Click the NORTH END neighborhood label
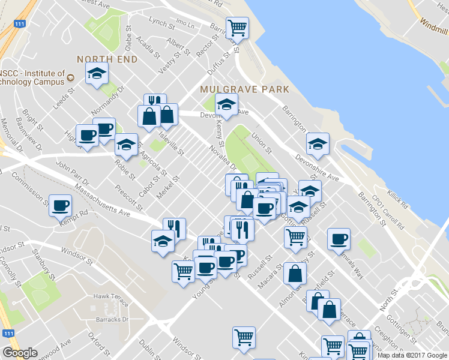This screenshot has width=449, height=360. coord(107,59)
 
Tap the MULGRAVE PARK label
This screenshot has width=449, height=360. coord(245,89)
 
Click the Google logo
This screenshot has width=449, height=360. coord(20,353)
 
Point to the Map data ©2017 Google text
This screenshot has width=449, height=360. coord(412,355)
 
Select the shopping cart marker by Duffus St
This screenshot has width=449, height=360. coord(237,27)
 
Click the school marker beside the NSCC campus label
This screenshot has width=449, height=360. coord(96,74)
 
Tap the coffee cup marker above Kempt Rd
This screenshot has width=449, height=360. coord(60,205)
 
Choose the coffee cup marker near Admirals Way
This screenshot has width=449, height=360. coord(339,239)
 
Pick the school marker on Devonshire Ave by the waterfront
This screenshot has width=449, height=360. coord(318,144)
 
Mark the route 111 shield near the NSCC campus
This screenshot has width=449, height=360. coord(20,23)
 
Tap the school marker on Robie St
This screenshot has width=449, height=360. coord(126,145)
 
